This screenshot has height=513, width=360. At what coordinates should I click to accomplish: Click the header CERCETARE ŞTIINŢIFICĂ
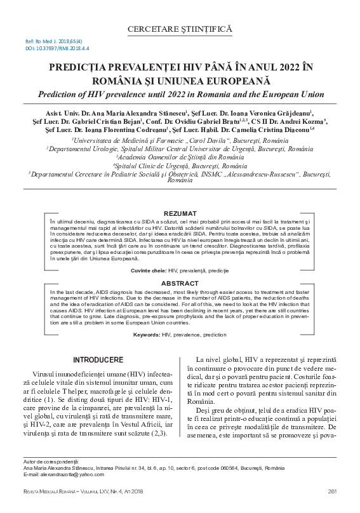[x=180, y=29]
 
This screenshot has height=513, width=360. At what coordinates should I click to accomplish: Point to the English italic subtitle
[x=180, y=94]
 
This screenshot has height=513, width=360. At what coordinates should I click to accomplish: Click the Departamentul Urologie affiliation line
[x=179, y=149]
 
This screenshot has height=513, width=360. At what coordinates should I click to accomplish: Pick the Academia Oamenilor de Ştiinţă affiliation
[x=180, y=157]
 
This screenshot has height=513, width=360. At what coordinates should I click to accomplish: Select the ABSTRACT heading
[x=180, y=283]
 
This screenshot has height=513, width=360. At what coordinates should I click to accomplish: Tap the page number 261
[x=331, y=492]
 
